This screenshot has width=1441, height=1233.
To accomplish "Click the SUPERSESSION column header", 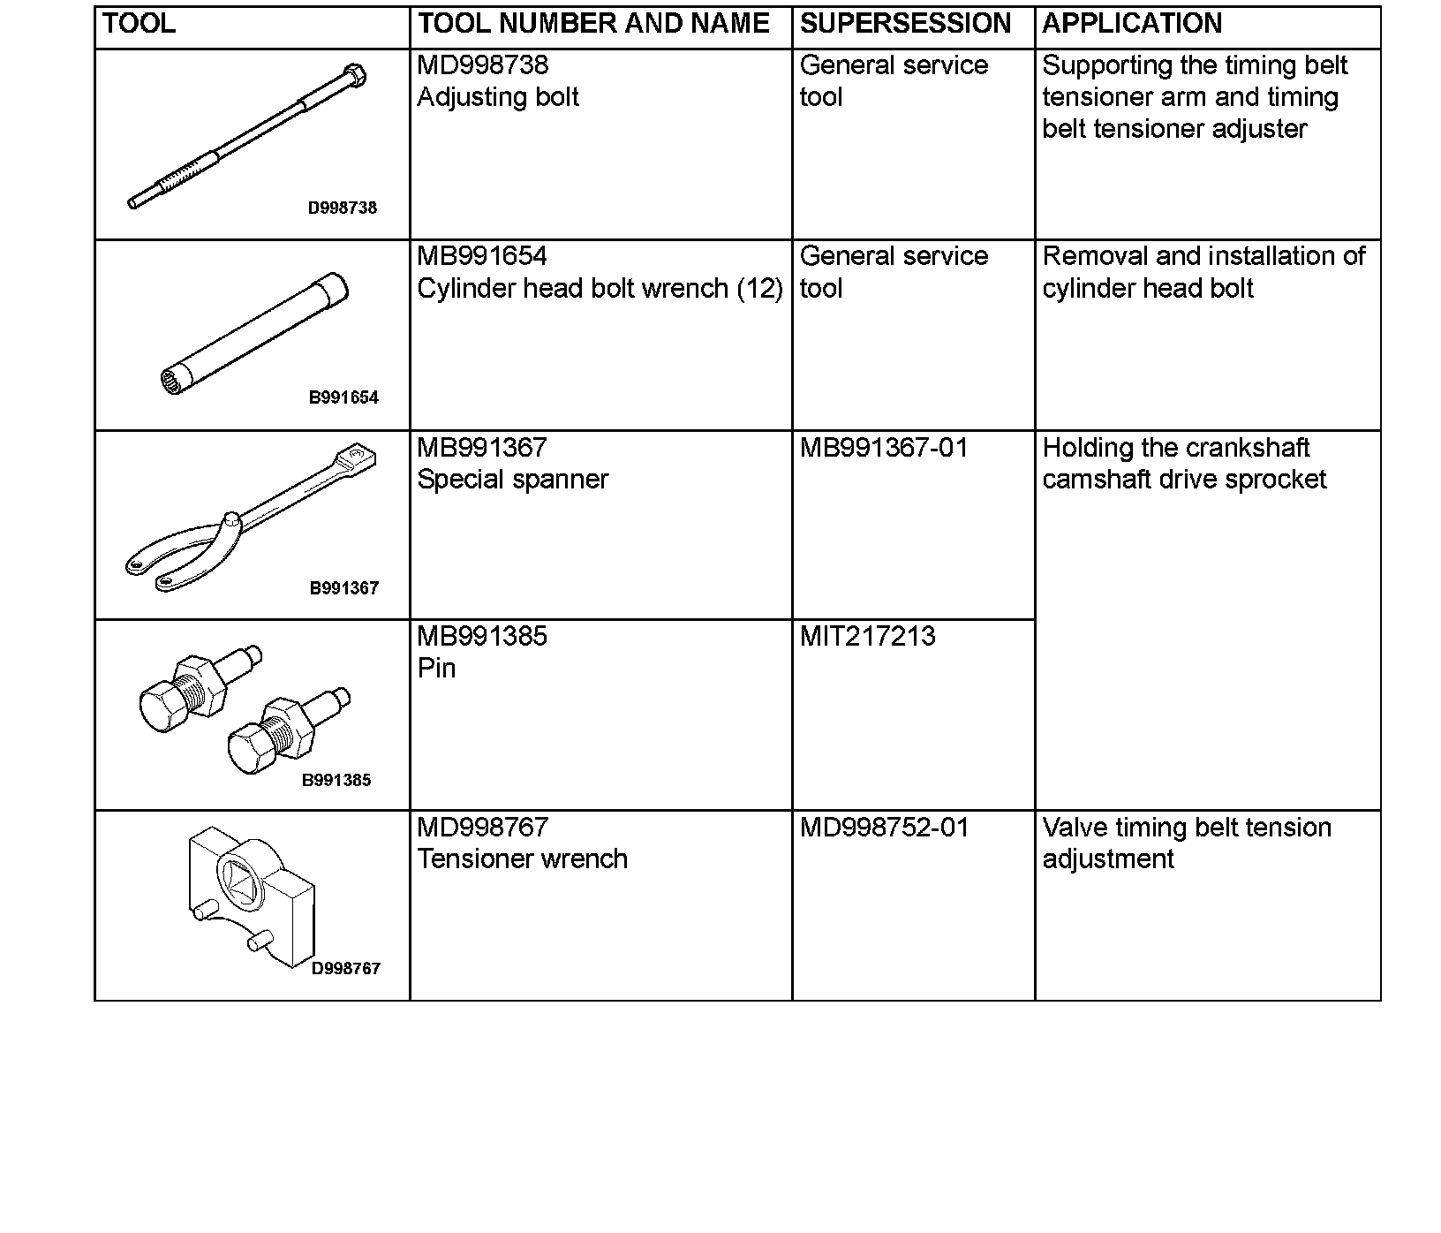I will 905,24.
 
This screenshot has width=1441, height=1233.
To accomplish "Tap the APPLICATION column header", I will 1132,24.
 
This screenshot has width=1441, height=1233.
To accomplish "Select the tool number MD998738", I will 482,65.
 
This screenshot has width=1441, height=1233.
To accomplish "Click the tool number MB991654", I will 482,257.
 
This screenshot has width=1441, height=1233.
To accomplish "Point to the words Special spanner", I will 512,480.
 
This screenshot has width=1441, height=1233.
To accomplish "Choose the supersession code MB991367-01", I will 884,449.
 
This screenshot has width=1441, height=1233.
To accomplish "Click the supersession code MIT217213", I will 867,637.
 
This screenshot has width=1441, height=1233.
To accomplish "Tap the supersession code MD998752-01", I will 884,828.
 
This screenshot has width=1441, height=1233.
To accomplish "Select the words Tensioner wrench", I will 522,859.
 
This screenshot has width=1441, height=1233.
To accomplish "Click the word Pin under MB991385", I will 436,669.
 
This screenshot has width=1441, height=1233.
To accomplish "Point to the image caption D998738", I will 342,208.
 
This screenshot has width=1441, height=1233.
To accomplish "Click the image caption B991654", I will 343,398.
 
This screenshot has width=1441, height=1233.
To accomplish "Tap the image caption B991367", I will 343,589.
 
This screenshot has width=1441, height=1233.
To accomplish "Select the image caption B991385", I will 336,781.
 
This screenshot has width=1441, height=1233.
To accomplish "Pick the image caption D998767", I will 345,969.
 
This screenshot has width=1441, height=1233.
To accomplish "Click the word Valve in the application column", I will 1068,828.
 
